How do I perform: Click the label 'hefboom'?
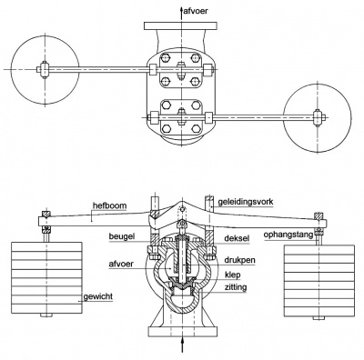(x=109, y=206)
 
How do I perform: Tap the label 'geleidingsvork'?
(x=246, y=202)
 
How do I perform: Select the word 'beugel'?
(x=122, y=236)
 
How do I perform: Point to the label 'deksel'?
(x=237, y=238)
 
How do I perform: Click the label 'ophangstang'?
(x=288, y=235)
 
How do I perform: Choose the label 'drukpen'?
(x=239, y=260)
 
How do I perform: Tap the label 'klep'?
(x=232, y=275)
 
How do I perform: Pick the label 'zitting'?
(x=236, y=287)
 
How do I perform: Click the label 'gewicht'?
(x=98, y=296)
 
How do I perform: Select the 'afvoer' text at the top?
(x=197, y=11)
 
